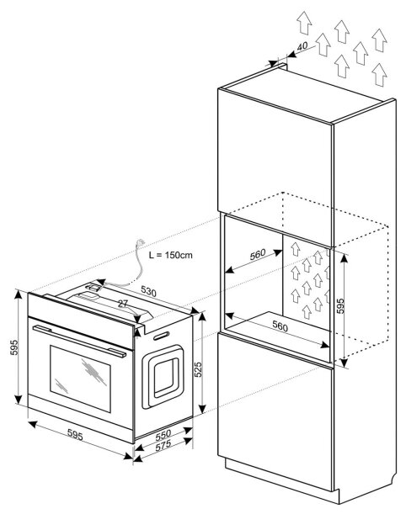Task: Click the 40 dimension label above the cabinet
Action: [x=302, y=46]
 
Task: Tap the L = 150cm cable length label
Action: [x=171, y=255]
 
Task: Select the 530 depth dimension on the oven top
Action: [x=149, y=291]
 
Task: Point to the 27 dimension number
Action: [x=122, y=304]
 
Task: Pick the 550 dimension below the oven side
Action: [x=163, y=435]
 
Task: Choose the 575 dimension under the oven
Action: [x=163, y=446]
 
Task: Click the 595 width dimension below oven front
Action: [x=75, y=435]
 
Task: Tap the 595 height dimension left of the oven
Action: [x=14, y=347]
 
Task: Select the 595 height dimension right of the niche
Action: [x=340, y=305]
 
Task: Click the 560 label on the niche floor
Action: [x=280, y=326]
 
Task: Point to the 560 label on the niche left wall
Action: [x=258, y=254]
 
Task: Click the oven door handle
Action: [x=79, y=341]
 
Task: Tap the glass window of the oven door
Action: [x=80, y=379]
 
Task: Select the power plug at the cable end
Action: [x=141, y=242]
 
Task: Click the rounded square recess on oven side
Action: [x=163, y=376]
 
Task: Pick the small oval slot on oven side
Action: [x=161, y=336]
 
